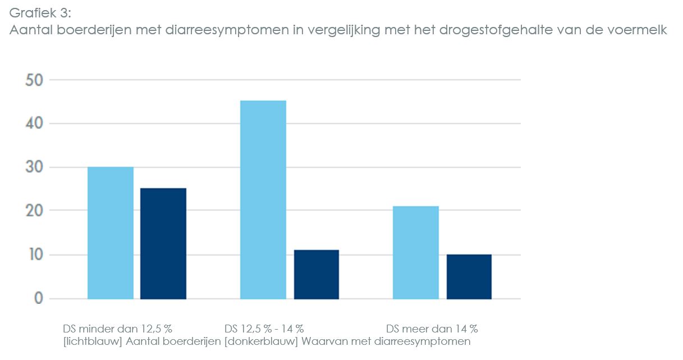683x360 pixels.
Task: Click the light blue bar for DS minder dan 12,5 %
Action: (x=111, y=233)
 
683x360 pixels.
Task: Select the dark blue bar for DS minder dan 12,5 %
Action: (x=163, y=243)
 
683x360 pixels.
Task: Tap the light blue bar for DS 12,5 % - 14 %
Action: (x=263, y=199)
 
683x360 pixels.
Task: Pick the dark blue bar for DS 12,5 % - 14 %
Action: (x=316, y=274)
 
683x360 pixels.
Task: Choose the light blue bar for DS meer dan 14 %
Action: (x=416, y=252)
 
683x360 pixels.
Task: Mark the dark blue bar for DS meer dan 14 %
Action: (x=469, y=276)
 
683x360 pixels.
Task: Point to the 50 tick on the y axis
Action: (x=34, y=80)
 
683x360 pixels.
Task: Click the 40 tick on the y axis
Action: (x=34, y=124)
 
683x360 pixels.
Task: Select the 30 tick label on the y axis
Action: (x=34, y=167)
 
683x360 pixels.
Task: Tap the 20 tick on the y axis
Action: (x=34, y=211)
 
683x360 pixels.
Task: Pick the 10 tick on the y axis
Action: (x=34, y=255)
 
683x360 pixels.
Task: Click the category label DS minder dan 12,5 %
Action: (x=117, y=329)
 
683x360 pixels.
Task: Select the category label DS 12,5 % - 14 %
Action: (x=264, y=329)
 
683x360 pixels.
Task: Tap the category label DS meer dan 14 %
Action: (x=432, y=329)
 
